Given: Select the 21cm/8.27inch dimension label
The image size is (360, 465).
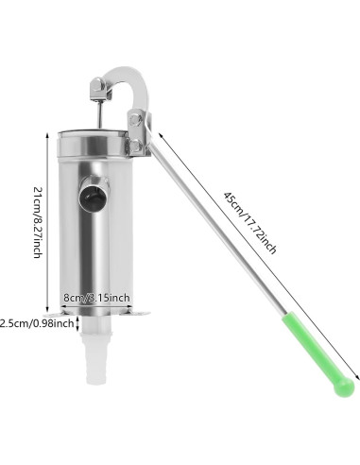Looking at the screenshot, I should tap(37, 223).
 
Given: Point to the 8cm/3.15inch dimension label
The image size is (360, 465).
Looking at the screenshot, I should tap(96, 299).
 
